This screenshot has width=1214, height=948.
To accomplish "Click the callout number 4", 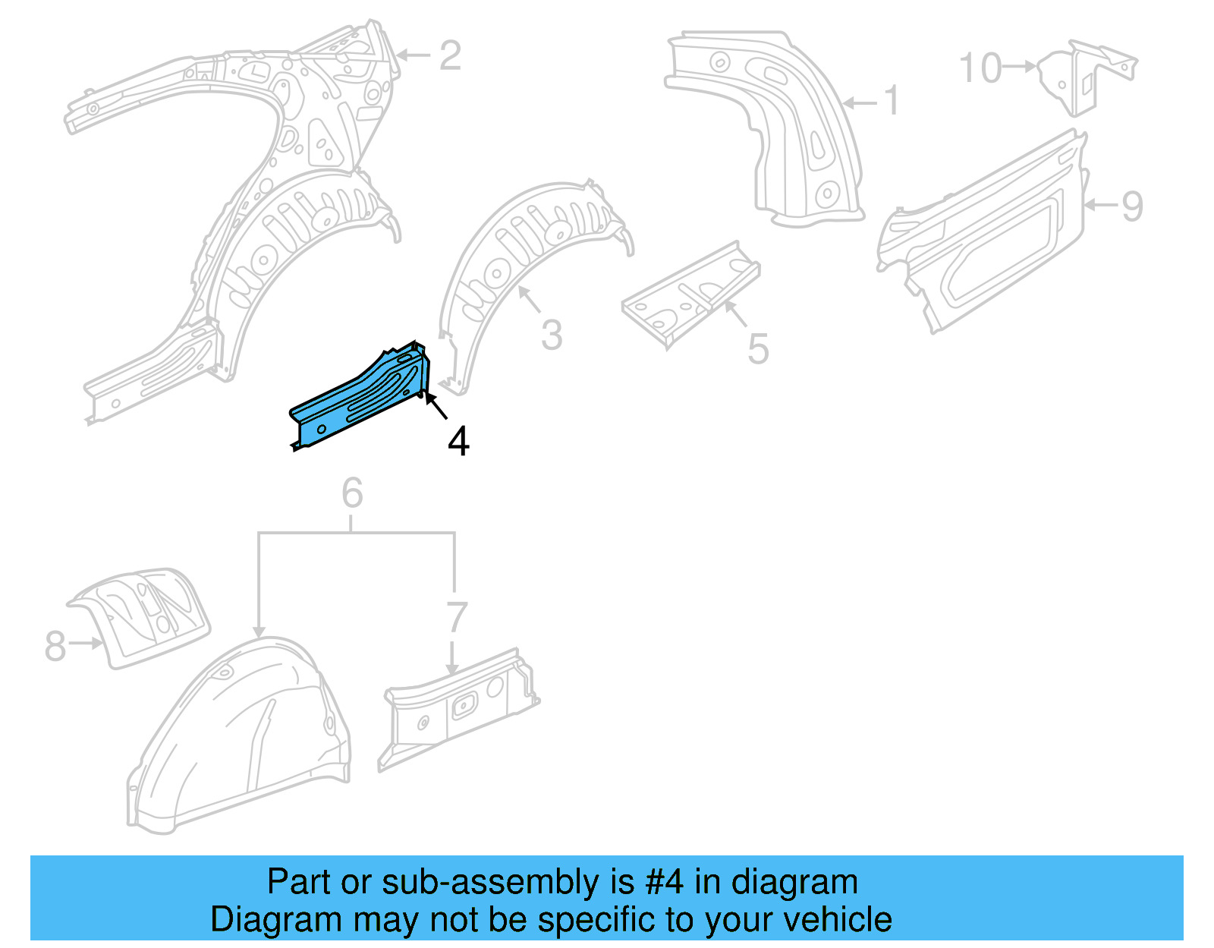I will [458, 442].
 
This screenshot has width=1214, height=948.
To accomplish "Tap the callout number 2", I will [450, 55].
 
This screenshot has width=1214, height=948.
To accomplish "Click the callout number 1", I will [892, 101].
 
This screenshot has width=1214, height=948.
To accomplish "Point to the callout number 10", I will [980, 68].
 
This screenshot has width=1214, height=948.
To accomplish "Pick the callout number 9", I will [1131, 206].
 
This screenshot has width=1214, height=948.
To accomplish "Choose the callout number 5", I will [758, 349].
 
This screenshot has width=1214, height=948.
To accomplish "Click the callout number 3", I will [552, 335].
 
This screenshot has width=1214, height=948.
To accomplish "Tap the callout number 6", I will [352, 493].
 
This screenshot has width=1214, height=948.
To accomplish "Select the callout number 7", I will [456, 617].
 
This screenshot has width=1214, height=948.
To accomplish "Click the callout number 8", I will [55, 646].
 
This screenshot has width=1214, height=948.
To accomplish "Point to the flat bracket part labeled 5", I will [690, 292].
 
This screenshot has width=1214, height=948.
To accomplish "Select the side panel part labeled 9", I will [986, 235].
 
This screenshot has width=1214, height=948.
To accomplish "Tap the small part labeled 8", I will [144, 615].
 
